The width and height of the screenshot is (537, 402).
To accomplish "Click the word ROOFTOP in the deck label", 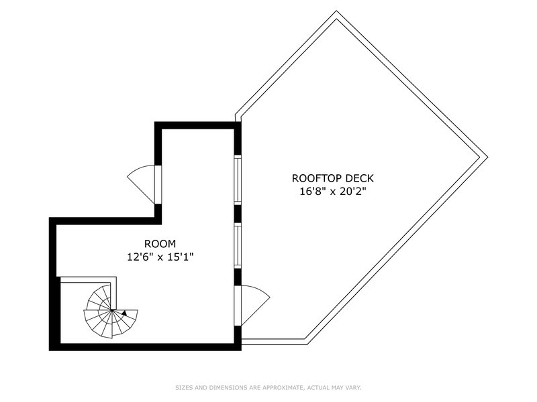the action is coord(317,178).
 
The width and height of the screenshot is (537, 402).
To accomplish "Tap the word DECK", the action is coord(360,178).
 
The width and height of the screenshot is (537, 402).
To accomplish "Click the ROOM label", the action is coord(160,244).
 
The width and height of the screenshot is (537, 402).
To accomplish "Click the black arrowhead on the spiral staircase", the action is coord(124,313).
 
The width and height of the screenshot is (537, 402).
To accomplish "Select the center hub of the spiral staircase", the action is coord(111,310).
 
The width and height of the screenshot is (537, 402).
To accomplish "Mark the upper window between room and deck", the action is coord(238,179).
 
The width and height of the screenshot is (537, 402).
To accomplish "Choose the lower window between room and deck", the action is coord(238,245).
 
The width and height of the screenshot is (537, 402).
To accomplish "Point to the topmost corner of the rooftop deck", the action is coord(336,11).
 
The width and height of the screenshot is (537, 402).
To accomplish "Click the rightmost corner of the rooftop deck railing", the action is coord(487,157).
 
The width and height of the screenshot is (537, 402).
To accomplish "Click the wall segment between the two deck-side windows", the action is coord(238,213).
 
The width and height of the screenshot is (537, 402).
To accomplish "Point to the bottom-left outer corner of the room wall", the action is coord(49,350).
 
